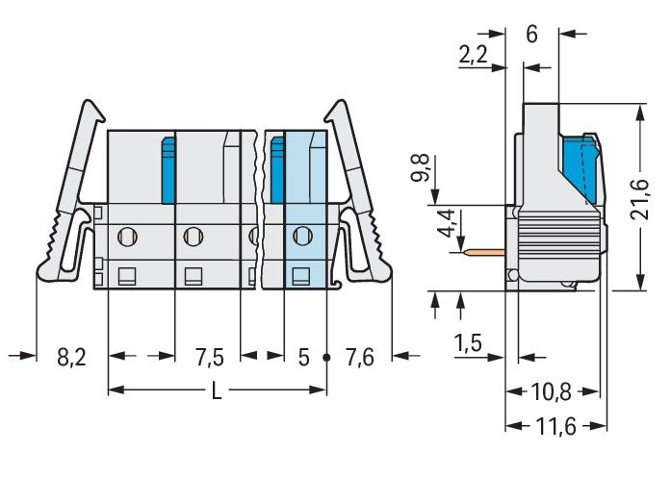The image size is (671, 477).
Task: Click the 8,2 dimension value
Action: click(x=71, y=358)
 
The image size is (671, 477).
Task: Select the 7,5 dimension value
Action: click(x=209, y=358)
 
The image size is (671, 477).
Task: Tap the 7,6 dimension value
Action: click(x=359, y=358)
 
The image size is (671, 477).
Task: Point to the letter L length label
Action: click(x=217, y=390)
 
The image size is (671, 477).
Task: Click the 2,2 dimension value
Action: click(x=473, y=56)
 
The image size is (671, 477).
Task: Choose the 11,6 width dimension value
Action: click(x=555, y=426)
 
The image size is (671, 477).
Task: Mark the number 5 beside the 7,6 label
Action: click(x=303, y=358)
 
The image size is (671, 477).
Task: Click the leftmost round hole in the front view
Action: click(x=125, y=234)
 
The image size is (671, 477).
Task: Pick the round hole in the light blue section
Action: click(x=303, y=234)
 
